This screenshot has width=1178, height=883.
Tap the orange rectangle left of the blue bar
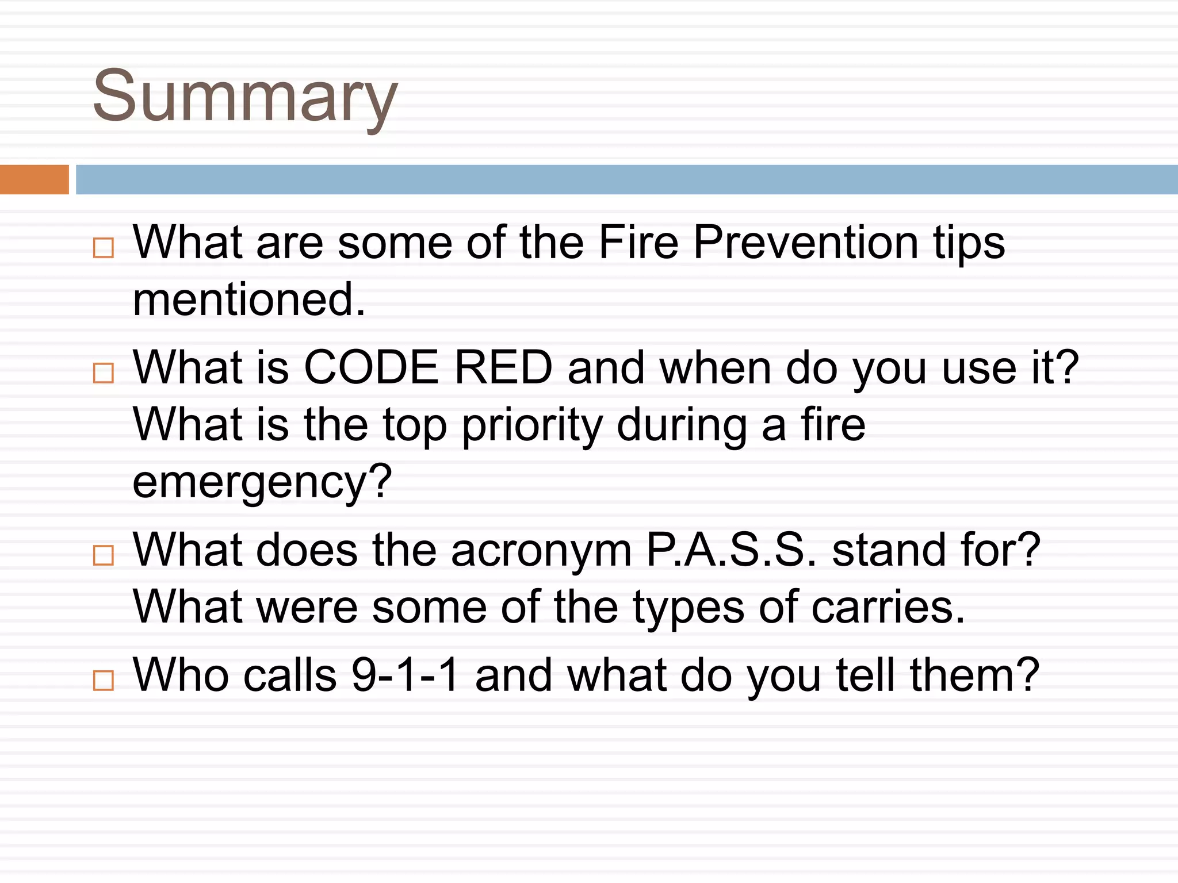(34, 179)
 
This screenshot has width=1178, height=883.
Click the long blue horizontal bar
(626, 179)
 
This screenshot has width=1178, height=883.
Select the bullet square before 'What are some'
(104, 248)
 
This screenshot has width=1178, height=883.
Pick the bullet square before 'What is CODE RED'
(104, 373)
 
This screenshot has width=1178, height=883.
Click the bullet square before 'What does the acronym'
(104, 555)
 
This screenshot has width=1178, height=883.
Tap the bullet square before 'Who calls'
(104, 680)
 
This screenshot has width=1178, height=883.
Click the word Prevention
(805, 243)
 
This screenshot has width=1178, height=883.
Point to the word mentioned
(248, 300)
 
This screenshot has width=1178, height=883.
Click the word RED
(503, 368)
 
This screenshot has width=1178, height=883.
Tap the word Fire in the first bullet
(638, 243)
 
